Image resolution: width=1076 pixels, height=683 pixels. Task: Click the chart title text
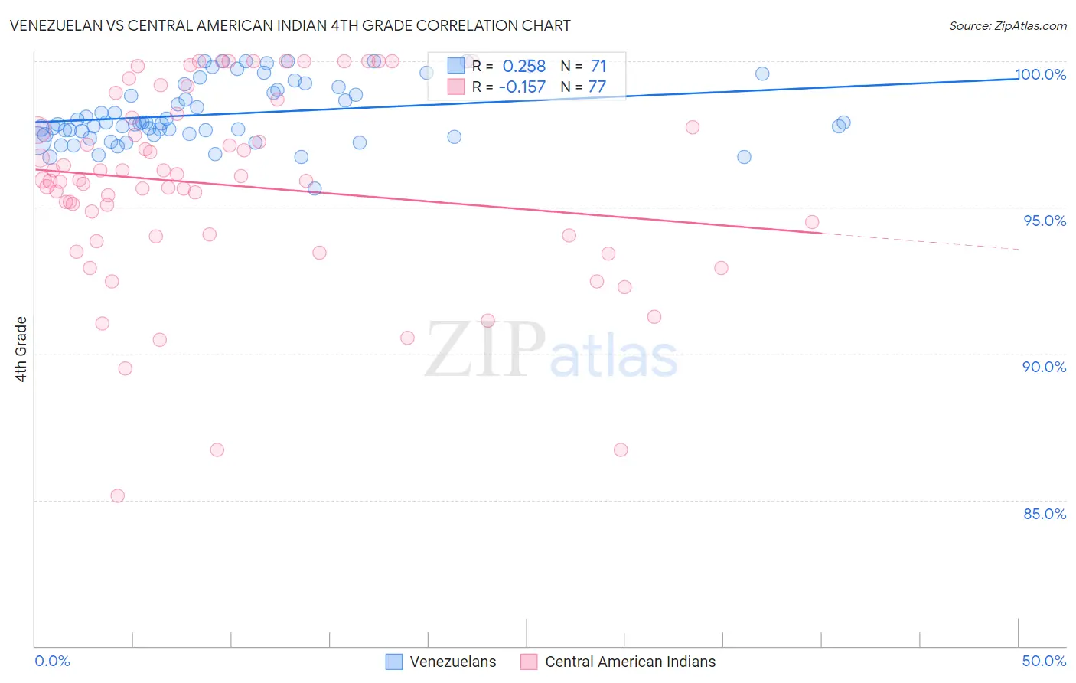click(x=290, y=25)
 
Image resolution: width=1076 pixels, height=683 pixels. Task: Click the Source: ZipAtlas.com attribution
click(x=1007, y=26)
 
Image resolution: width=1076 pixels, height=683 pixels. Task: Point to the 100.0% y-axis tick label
click(x=1041, y=74)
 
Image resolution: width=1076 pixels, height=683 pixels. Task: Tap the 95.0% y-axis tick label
click(x=1045, y=221)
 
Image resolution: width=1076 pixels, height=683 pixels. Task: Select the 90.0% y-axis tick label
click(x=1044, y=367)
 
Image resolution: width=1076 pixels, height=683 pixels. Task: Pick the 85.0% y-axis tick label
click(x=1045, y=514)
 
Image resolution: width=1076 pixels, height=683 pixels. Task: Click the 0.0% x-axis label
click(x=53, y=661)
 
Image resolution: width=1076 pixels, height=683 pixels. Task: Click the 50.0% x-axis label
click(x=1044, y=661)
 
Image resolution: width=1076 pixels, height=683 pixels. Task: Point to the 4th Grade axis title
click(x=21, y=349)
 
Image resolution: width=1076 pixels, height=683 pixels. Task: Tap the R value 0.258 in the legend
click(x=523, y=67)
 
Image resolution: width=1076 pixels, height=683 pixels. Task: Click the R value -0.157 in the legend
click(x=522, y=87)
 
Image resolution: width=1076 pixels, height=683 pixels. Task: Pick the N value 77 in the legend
click(x=597, y=87)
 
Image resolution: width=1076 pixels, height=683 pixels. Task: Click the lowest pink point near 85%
click(x=118, y=495)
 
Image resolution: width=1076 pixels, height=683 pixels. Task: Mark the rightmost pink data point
click(x=812, y=222)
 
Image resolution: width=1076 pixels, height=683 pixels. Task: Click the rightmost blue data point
click(x=843, y=123)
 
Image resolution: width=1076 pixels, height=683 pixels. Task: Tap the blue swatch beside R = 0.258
click(x=456, y=66)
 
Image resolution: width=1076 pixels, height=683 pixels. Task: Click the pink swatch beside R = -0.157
click(x=456, y=87)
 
